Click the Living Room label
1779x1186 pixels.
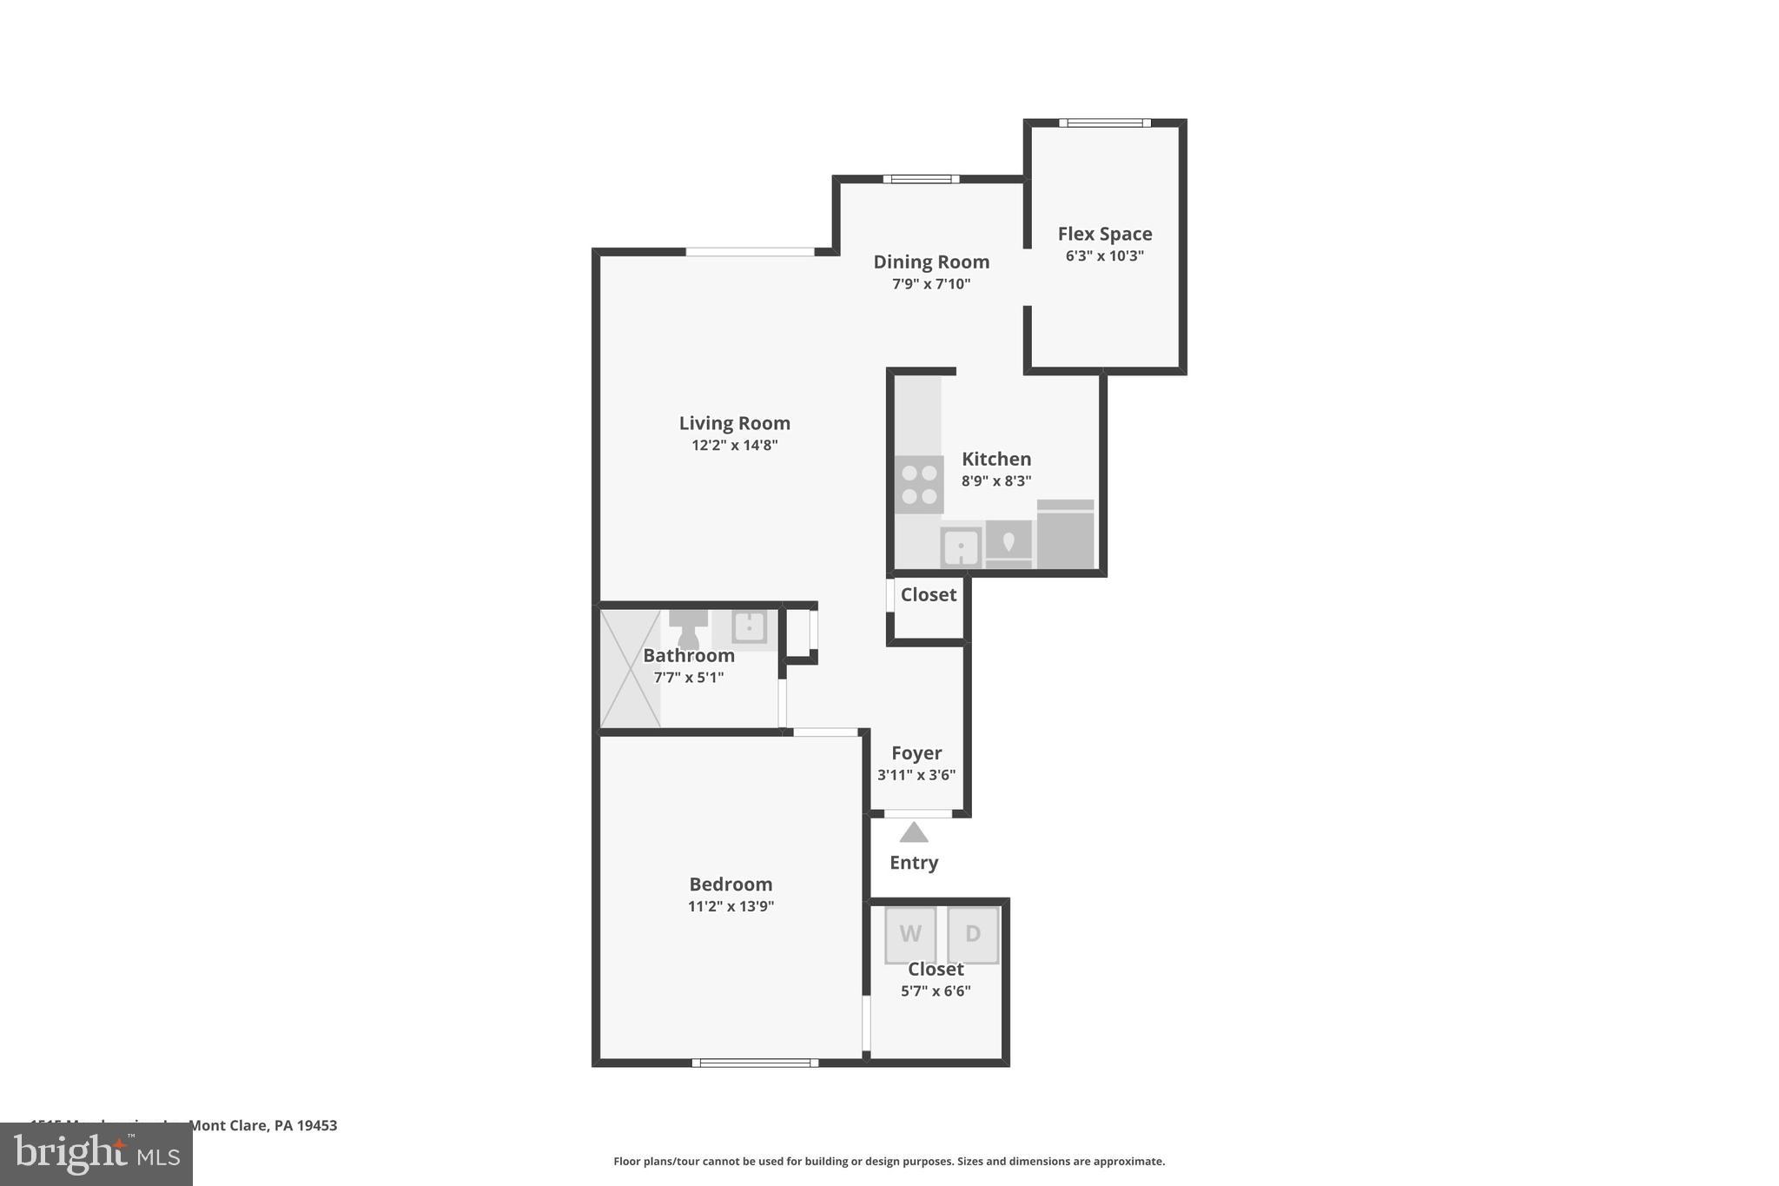click(734, 423)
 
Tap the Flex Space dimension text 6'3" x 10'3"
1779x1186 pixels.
click(1104, 256)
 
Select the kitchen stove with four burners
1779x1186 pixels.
click(919, 485)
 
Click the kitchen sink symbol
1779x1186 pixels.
click(961, 547)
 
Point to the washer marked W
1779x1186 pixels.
click(910, 935)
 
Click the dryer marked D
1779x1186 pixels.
click(973, 935)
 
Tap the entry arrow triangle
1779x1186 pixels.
click(913, 833)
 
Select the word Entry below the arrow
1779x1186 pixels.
click(913, 863)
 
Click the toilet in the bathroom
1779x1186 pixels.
click(688, 628)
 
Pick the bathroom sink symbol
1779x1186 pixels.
click(749, 626)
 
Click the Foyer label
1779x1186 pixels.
click(916, 753)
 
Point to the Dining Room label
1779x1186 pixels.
click(930, 262)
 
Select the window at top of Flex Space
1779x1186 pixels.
click(1104, 123)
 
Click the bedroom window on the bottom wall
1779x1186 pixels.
click(754, 1063)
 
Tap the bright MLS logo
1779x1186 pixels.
click(96, 1155)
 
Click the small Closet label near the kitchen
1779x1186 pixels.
click(928, 595)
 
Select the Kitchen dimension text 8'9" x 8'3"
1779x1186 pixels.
click(995, 481)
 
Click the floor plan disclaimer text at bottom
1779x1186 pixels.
click(889, 1162)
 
